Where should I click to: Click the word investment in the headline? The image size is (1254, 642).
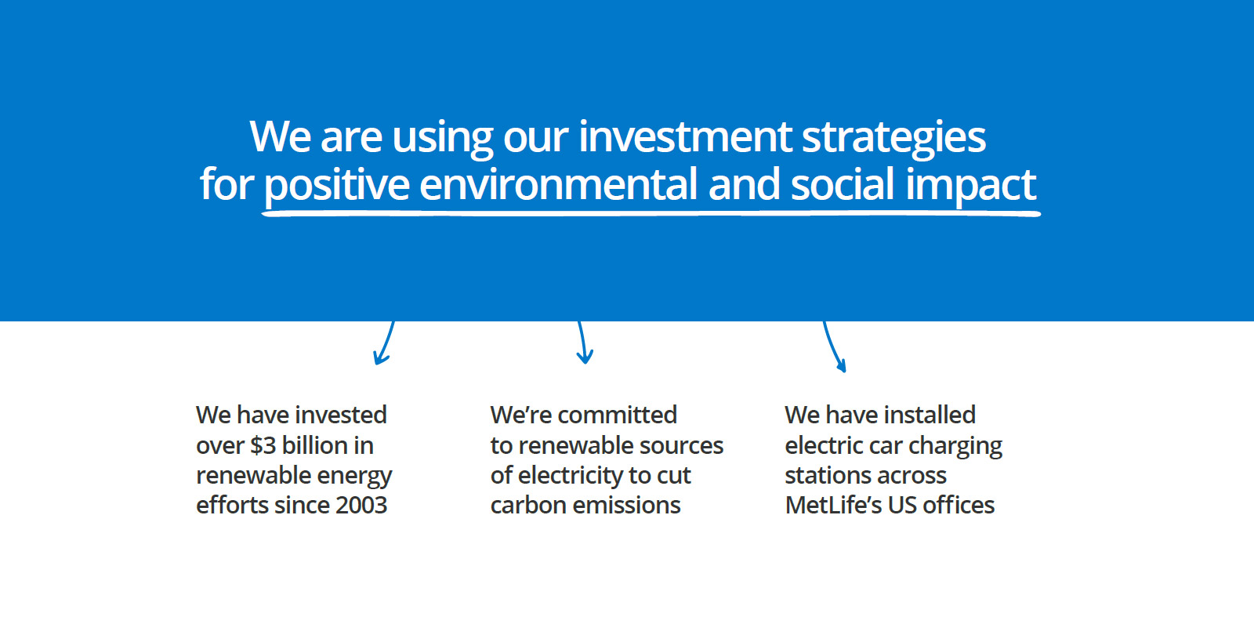685,136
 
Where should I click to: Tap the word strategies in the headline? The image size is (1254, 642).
894,139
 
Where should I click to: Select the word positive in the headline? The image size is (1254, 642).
336,186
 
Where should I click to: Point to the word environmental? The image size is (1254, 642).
558,184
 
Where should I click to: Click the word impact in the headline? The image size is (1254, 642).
971,186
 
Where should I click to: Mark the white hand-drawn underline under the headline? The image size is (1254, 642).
651,213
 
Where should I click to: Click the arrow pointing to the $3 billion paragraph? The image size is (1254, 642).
384,343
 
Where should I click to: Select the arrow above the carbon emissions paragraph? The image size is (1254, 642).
584,343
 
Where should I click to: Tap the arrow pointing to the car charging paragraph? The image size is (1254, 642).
834,346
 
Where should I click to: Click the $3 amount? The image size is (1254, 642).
263,445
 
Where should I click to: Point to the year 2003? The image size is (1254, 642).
361,506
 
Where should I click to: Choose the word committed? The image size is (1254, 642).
618,415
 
